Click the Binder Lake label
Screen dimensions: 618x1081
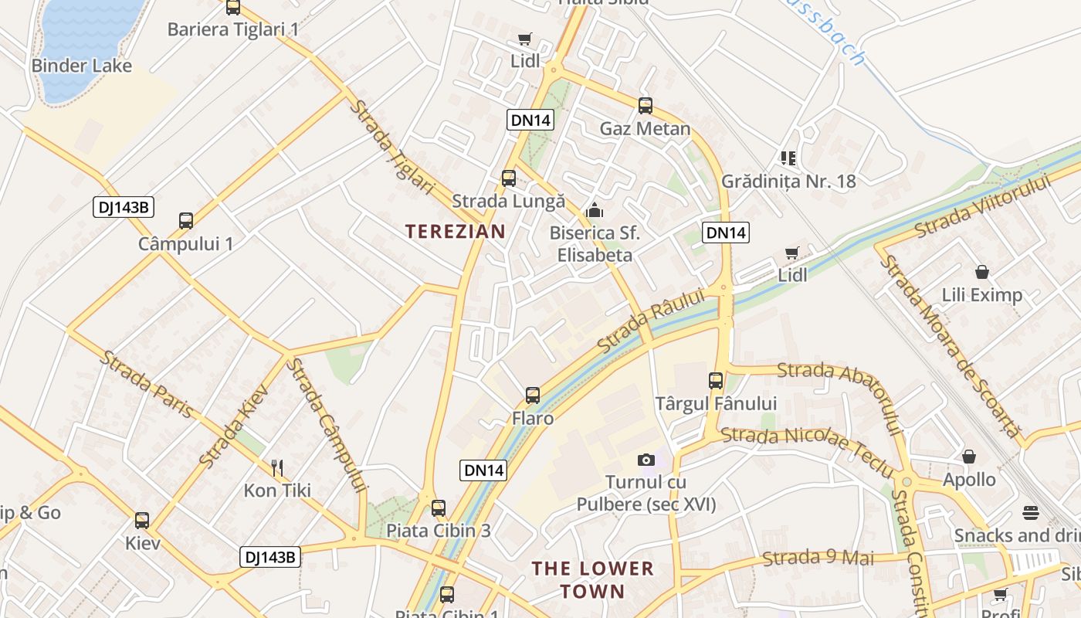pos(82,66)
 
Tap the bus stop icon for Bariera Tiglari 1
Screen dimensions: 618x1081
pos(233,8)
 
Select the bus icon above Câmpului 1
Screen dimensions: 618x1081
pos(186,221)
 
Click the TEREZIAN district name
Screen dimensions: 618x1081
pos(456,231)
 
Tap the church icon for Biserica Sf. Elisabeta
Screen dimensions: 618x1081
pos(595,209)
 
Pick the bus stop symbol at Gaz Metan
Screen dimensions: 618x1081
pos(646,106)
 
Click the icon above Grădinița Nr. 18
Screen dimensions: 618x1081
pos(788,158)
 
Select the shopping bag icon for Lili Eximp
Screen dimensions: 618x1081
pos(982,272)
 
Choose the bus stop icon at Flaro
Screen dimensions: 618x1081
pos(533,396)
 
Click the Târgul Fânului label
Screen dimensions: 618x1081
pos(716,403)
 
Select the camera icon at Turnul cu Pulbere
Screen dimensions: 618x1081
pos(646,460)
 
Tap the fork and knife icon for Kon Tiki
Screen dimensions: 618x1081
pos(277,467)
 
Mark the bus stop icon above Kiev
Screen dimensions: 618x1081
pos(142,520)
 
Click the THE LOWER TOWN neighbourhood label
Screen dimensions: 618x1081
pos(592,580)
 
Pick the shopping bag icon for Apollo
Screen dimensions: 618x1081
pos(969,457)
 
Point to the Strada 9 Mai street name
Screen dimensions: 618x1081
pos(818,557)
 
